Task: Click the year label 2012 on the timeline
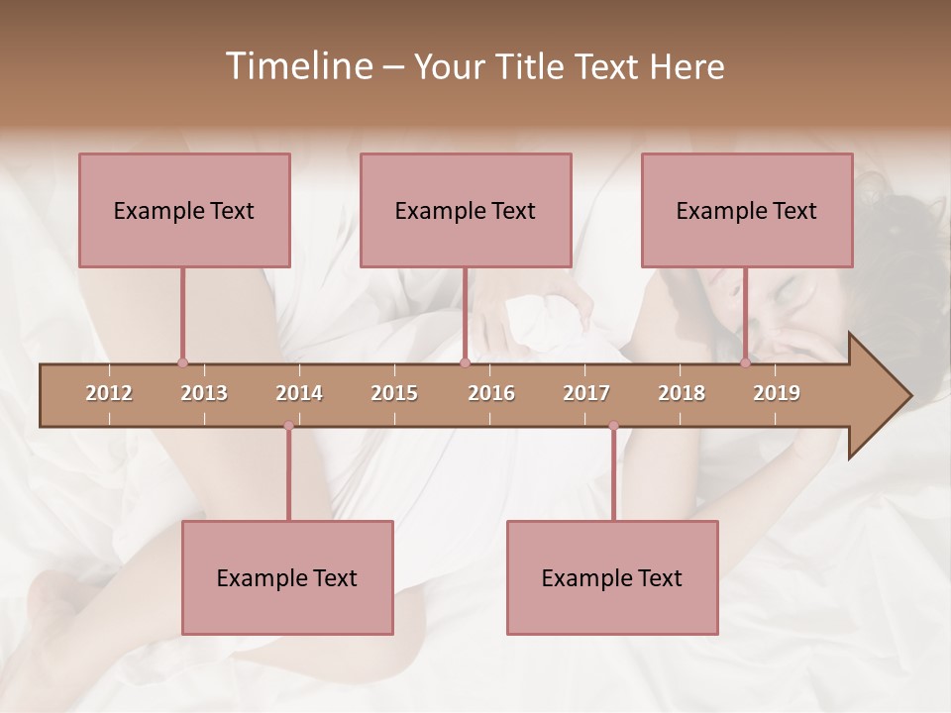coord(109,393)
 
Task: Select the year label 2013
coord(204,393)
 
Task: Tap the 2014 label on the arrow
coord(299,393)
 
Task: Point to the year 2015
coord(394,393)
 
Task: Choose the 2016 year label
coord(491,393)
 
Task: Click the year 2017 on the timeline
coord(586,393)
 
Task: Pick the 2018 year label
coord(682,393)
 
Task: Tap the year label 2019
coord(777,393)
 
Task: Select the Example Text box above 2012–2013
coord(184,210)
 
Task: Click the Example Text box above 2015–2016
coord(466,210)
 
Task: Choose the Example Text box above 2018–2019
coord(747,210)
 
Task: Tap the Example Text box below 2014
coord(287,577)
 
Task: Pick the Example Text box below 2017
coord(612,577)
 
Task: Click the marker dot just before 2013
coord(182,363)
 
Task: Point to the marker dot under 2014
coord(288,426)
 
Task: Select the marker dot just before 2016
coord(465,363)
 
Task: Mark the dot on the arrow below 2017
coord(613,426)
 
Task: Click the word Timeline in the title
coord(297,66)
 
